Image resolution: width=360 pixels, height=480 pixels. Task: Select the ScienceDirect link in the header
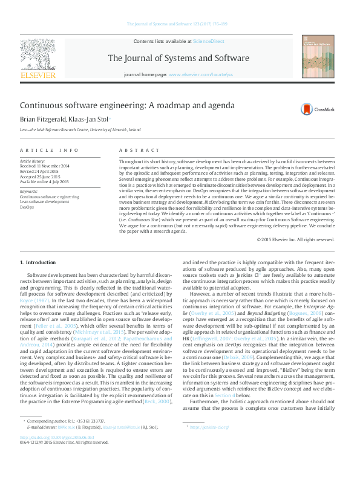208,41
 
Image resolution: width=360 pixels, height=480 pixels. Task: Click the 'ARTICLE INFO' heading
49,149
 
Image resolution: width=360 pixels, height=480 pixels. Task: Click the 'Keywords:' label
30,191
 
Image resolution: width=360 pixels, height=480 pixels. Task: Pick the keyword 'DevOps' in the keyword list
27,207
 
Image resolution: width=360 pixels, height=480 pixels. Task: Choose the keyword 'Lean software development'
44,202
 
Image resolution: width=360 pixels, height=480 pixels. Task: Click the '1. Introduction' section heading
38,262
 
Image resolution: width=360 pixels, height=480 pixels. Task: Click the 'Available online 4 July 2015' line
45,181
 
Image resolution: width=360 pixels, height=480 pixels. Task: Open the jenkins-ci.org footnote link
209,427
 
